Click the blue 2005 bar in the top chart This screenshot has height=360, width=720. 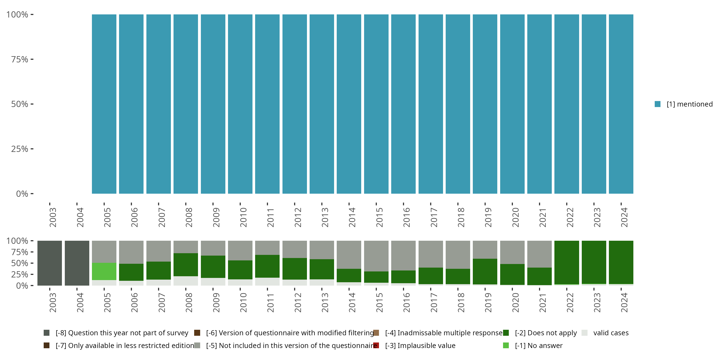pos(104,104)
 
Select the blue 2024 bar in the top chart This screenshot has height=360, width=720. pos(621,104)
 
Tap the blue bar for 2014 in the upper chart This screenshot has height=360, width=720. pos(349,104)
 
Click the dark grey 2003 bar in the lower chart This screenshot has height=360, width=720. pos(50,263)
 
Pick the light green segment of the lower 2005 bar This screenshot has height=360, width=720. pos(104,271)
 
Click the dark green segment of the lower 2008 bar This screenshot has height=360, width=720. pos(186,264)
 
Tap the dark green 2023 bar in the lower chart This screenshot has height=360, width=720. pos(594,262)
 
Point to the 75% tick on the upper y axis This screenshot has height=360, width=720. pos(32,59)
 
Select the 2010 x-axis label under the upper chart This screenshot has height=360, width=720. pos(243,217)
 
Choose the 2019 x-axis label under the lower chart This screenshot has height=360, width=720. pos(488,302)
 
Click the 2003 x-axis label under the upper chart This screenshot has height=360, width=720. pos(53,217)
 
